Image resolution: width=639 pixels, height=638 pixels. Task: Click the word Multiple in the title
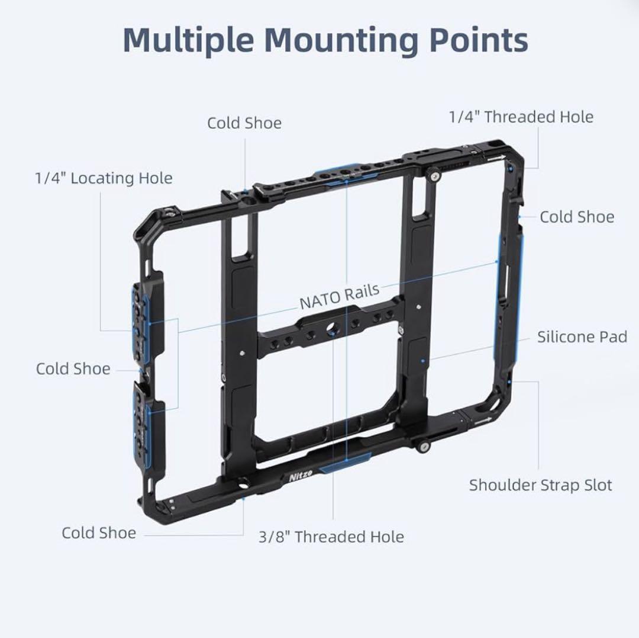(x=189, y=40)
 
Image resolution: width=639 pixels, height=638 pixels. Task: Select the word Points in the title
(x=479, y=40)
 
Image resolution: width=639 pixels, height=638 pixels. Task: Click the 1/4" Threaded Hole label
(x=521, y=117)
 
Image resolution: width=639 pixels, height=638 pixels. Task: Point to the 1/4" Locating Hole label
(x=104, y=178)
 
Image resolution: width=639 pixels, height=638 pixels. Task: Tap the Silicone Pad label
(x=582, y=337)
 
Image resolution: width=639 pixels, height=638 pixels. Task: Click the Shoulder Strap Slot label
(x=540, y=485)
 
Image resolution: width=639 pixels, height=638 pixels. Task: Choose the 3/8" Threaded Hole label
(x=331, y=537)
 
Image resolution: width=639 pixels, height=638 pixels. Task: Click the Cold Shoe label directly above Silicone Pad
(x=577, y=217)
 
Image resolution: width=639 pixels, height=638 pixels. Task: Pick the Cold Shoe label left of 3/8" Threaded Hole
(x=99, y=533)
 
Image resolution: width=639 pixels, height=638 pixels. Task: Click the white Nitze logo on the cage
(x=301, y=475)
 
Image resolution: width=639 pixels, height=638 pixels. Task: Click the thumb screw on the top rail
(x=435, y=176)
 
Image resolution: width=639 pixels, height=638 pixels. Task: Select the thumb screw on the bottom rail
(x=424, y=447)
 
